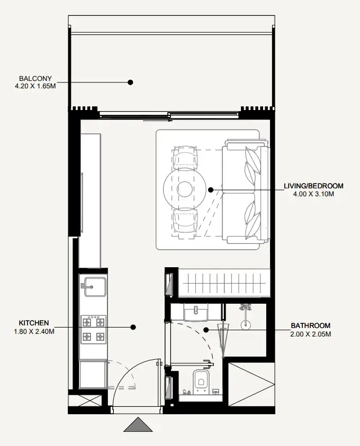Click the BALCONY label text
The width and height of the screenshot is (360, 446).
(x=35, y=78)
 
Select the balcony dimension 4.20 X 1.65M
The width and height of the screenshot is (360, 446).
(x=35, y=86)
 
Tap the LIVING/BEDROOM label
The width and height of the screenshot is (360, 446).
(x=313, y=186)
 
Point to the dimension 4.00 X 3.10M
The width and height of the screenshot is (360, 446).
(x=313, y=194)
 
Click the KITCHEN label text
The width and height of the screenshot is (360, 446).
(x=34, y=323)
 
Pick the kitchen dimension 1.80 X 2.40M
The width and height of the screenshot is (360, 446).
(x=34, y=331)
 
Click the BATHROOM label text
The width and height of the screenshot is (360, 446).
(x=310, y=326)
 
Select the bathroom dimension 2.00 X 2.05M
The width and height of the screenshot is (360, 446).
(x=310, y=334)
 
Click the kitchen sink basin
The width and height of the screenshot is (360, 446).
(x=94, y=287)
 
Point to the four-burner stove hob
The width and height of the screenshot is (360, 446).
(x=93, y=330)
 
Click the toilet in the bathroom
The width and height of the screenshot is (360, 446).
(x=202, y=381)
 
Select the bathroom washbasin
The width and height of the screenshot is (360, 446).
(x=196, y=312)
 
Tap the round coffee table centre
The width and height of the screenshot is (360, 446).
(x=184, y=189)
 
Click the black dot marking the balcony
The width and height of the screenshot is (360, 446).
(x=130, y=82)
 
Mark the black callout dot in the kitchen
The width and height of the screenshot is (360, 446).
(x=133, y=327)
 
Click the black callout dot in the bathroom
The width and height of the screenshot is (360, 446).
(x=206, y=330)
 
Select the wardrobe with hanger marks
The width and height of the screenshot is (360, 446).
(x=224, y=283)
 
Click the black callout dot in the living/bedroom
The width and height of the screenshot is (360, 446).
(x=211, y=190)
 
